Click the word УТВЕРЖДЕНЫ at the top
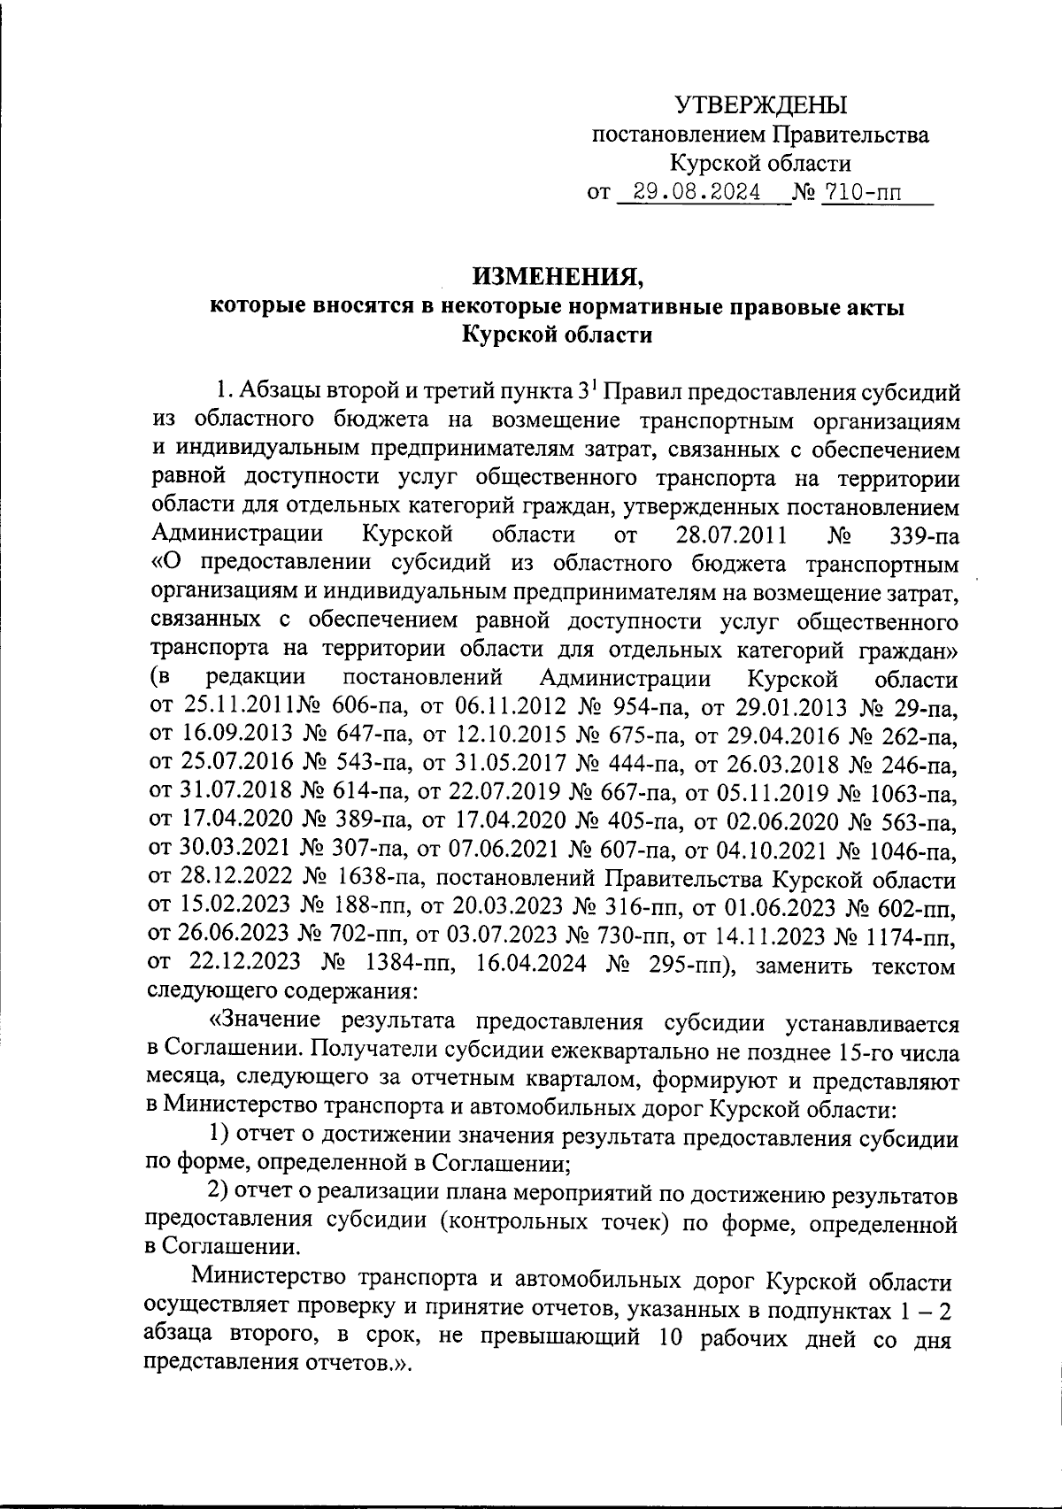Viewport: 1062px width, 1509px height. [x=761, y=106]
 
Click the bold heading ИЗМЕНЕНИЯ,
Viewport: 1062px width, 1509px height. [x=558, y=278]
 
